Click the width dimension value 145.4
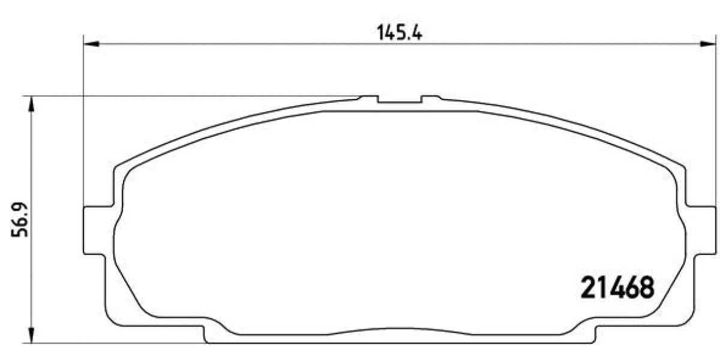400,32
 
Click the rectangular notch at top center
400,100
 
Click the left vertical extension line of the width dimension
83,120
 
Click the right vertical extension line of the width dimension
716,120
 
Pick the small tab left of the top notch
368,97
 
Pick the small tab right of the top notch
430,97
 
